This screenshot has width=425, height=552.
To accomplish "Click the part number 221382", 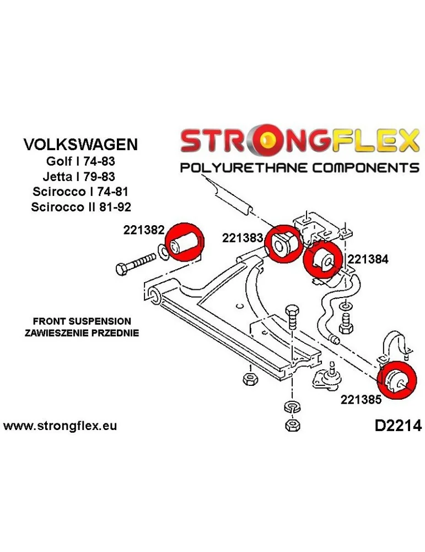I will [x=144, y=232].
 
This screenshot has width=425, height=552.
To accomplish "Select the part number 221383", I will [x=243, y=238].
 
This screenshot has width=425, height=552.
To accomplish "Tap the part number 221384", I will [x=368, y=259].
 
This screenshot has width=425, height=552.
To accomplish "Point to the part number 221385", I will [x=361, y=401].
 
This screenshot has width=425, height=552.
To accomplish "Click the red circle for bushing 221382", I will [x=185, y=243].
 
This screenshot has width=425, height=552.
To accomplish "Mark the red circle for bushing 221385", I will [x=397, y=379].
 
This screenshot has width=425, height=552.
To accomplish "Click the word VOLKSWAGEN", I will [x=81, y=145].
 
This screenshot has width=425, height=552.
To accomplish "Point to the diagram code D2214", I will [x=394, y=426].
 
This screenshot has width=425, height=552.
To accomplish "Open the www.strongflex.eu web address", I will [x=60, y=426].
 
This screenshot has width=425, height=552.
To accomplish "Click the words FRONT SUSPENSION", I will [x=82, y=321].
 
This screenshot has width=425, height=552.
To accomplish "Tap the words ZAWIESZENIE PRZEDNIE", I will [x=82, y=333].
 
